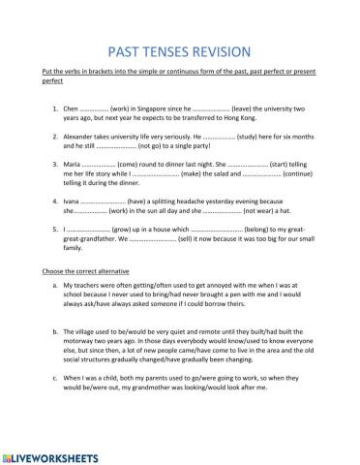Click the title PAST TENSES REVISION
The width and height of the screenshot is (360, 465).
[x=179, y=51]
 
